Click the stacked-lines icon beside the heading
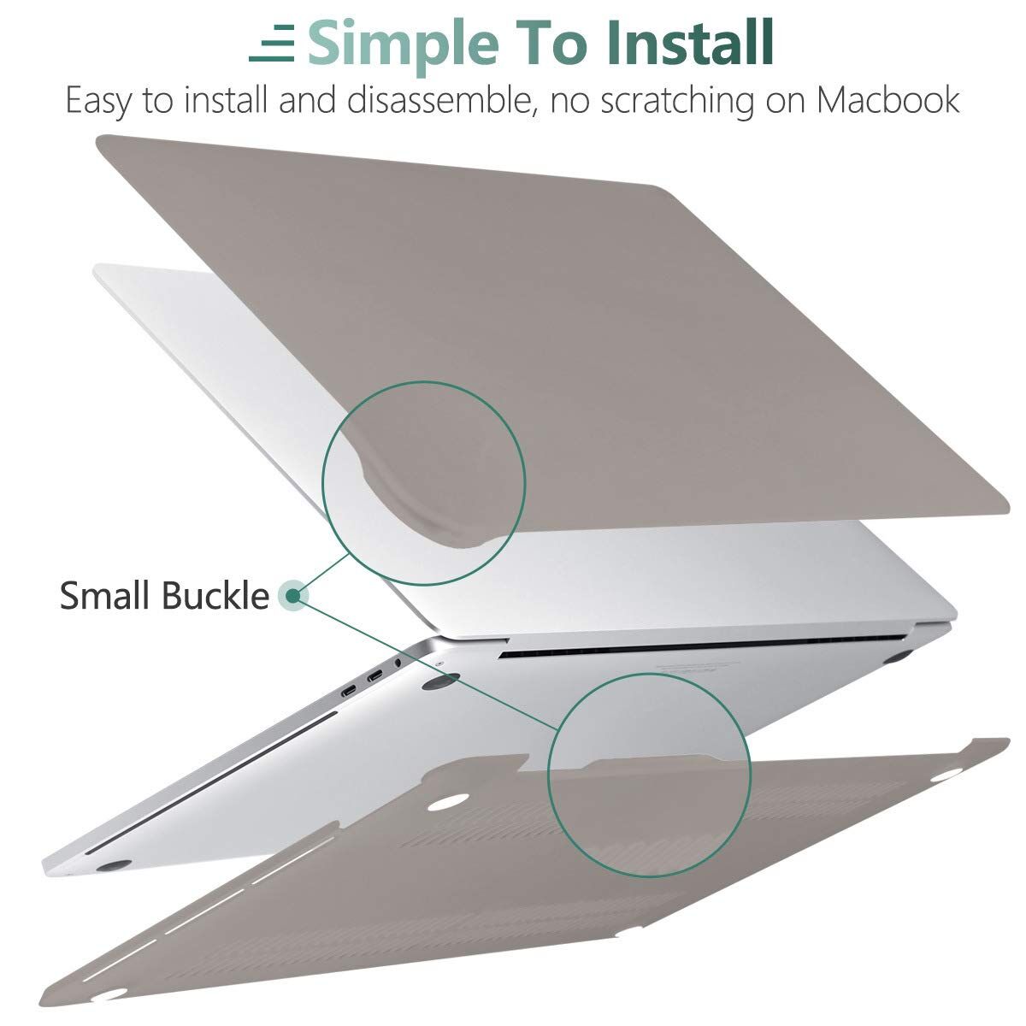(272, 43)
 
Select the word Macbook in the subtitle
(888, 99)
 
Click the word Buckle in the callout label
(215, 595)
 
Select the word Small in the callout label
(104, 595)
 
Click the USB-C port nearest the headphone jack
(374, 676)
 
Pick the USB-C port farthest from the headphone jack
(350, 693)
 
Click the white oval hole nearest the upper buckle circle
(448, 803)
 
